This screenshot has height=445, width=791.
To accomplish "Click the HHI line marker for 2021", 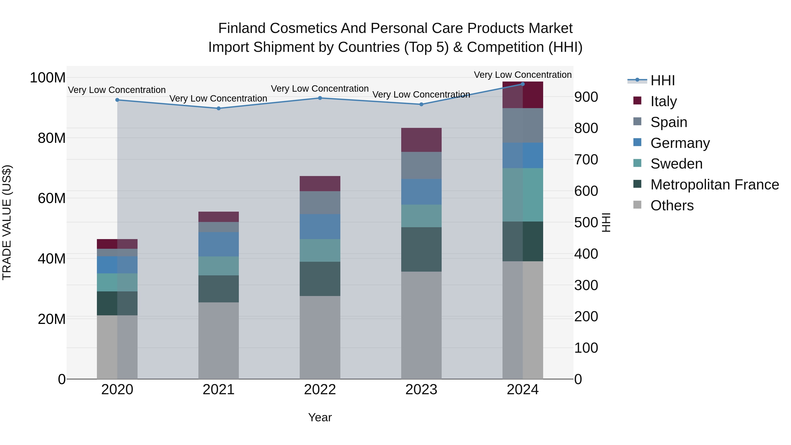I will click(218, 108).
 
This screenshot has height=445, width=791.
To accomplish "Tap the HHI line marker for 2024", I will click(523, 84).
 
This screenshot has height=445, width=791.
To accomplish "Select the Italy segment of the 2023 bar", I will click(421, 140).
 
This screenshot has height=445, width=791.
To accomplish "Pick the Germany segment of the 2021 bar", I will click(218, 244).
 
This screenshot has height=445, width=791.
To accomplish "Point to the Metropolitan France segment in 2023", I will click(421, 249).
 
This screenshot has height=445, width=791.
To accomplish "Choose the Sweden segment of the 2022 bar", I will click(320, 250).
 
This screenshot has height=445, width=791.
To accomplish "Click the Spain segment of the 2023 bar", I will click(421, 165).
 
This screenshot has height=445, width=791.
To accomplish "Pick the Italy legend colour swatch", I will click(637, 101).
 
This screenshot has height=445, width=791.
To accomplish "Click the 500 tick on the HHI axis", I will click(586, 222).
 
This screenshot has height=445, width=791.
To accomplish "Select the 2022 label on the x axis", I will click(320, 390).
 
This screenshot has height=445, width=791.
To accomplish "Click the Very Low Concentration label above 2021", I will click(218, 99).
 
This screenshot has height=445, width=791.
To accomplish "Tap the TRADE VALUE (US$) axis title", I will click(7, 222).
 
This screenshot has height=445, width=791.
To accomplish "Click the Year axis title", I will click(320, 417).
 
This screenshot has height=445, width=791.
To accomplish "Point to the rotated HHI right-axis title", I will click(606, 222).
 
